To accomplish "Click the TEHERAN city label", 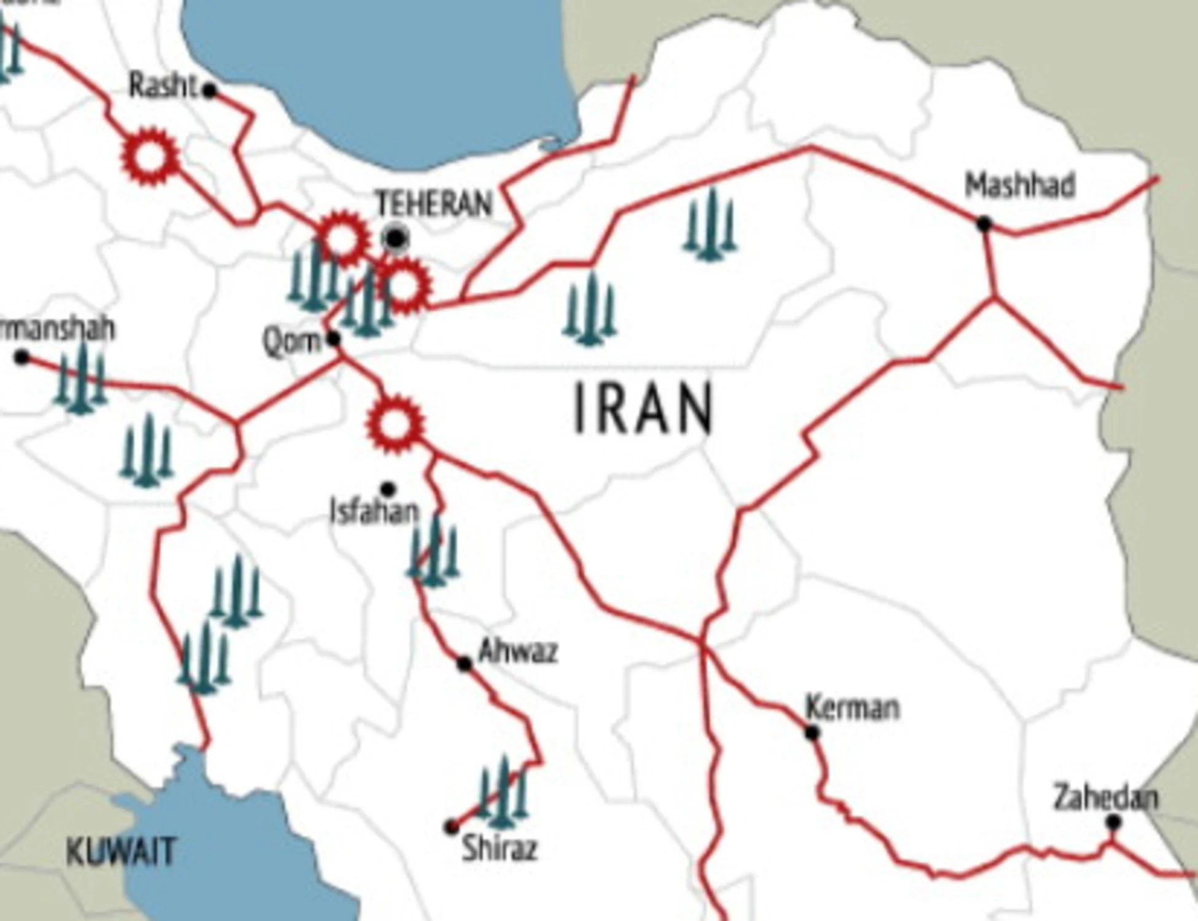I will point(434,203).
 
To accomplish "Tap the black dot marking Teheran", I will point(396,237).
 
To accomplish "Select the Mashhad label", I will point(1020,186).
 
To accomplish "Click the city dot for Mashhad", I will point(984,224).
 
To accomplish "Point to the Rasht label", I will point(163,85).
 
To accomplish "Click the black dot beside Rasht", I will point(209,91).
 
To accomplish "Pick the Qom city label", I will point(292,341).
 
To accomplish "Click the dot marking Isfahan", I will point(388,489).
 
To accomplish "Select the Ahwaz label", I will point(518,651).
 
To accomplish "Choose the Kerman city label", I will point(852,707).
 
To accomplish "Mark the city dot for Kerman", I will point(812,733).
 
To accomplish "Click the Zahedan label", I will point(1106,798).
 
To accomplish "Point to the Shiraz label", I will point(499,849).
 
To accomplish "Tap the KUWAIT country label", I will point(120,852).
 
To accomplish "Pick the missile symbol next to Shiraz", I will point(503,794).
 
